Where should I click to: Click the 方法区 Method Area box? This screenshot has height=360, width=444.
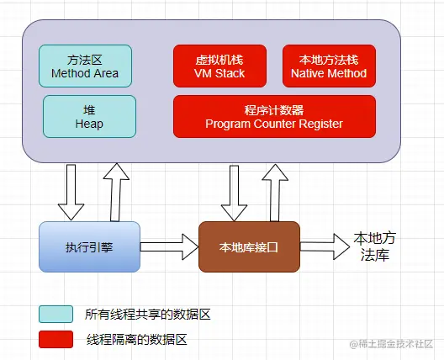pos(85,66)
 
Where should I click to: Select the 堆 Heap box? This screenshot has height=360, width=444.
pos(88,116)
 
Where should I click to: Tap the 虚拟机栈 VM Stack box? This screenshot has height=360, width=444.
pos(219,66)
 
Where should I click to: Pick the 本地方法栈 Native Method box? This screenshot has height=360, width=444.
pos(328,66)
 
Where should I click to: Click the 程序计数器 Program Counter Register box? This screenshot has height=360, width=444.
pos(274,116)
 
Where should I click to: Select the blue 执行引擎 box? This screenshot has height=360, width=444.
pos(89,246)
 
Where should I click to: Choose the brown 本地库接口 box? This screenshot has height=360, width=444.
pos(249,246)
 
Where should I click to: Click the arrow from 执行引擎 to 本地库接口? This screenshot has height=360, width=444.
pos(168,246)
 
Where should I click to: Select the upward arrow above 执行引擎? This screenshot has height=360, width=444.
pos(116,190)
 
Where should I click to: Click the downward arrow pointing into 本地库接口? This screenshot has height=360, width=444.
pos(231,192)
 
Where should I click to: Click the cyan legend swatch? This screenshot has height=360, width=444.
pos(55,314)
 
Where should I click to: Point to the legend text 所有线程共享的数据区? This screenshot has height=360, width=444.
pos(147,314)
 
